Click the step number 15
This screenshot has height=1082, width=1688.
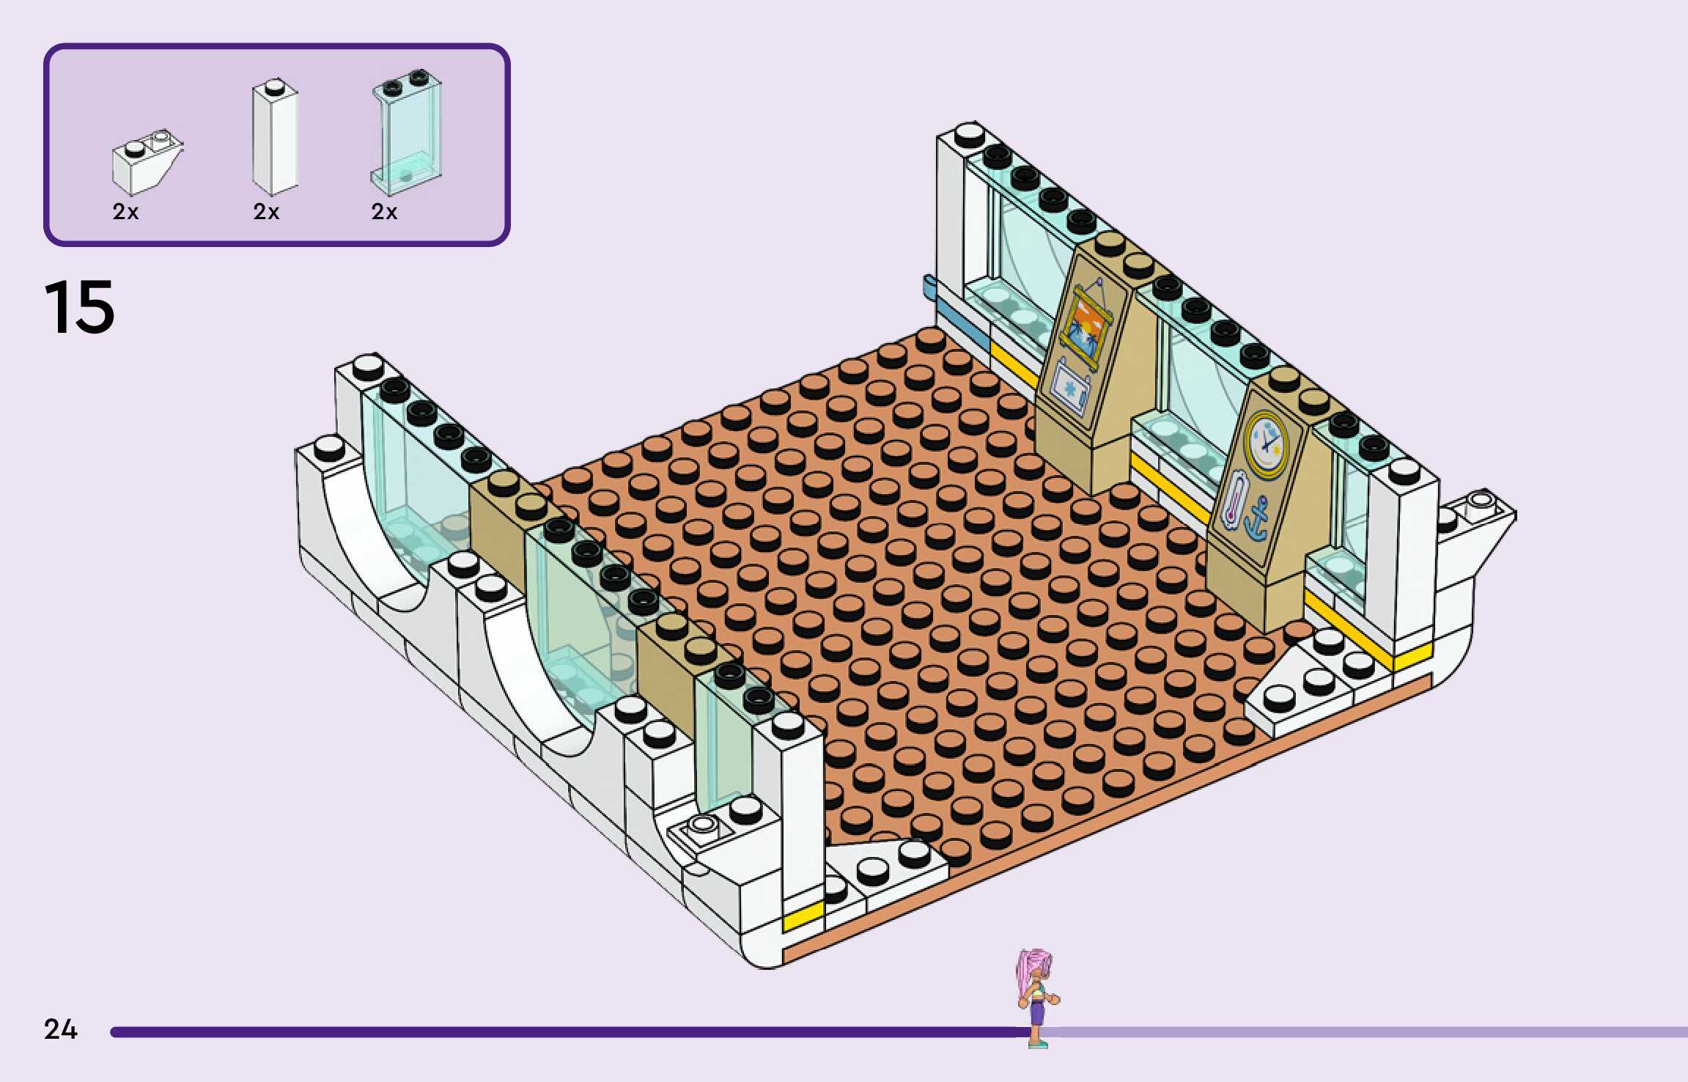79,308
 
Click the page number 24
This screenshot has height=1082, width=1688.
60,1029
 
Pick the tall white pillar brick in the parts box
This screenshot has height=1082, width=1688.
275,138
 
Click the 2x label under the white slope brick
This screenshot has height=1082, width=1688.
125,212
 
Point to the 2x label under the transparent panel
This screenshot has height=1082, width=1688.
384,212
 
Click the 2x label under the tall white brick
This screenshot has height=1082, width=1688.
266,212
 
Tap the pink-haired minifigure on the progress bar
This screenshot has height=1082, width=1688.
1036,997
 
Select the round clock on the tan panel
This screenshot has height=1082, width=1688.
1266,441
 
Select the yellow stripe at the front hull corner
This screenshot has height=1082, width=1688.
803,916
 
